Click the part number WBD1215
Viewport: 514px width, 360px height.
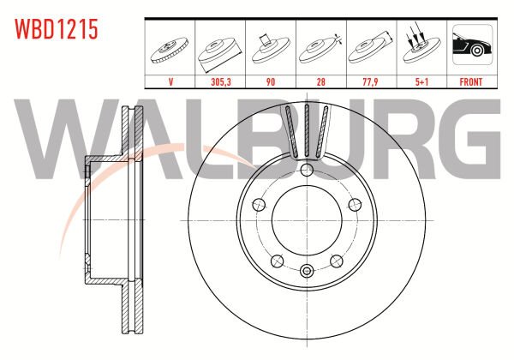(x=57, y=29)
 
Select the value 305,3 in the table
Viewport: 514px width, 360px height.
(x=221, y=81)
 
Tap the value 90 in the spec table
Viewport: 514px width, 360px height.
(x=271, y=81)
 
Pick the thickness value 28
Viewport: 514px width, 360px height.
(x=321, y=81)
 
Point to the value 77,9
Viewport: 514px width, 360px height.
(x=371, y=81)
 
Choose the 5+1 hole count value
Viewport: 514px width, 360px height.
(x=421, y=81)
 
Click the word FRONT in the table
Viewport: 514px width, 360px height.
(x=471, y=81)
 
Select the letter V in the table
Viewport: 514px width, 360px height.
(x=170, y=81)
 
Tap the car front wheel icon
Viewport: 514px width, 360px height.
(x=472, y=45)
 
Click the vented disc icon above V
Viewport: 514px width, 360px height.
(x=170, y=51)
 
